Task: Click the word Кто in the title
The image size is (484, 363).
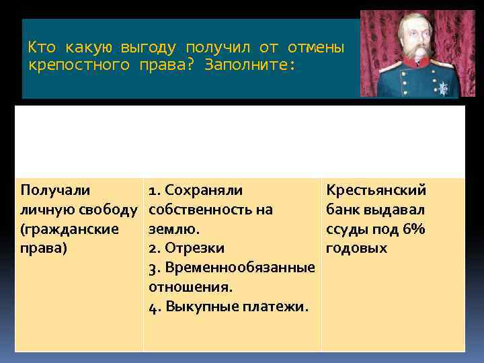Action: (40, 48)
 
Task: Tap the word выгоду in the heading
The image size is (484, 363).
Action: (148, 48)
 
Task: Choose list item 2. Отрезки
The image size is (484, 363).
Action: (186, 248)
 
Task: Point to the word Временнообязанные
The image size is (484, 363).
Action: (239, 268)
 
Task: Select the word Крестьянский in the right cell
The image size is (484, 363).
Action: (376, 191)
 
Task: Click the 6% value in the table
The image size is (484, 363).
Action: (411, 229)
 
